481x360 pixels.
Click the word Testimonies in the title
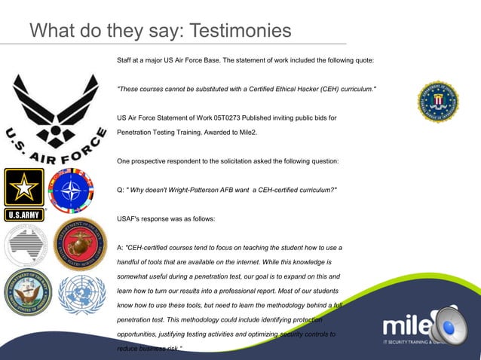pos(239,31)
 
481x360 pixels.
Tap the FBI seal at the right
pos(438,102)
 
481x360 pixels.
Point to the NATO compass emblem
pos(72,191)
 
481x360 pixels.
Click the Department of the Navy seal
pos(26,292)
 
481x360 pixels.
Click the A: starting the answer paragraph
pos(121,248)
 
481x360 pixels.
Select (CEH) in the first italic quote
pos(332,90)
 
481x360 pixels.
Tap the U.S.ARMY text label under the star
pos(24,215)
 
